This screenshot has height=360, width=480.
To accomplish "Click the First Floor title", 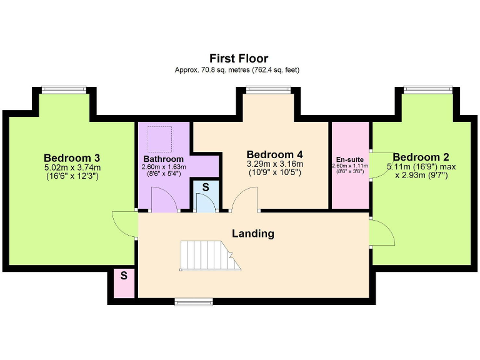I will click(x=239, y=59).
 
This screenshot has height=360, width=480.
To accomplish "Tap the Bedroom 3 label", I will click(x=72, y=157).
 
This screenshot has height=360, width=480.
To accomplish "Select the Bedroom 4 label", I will click(x=275, y=154).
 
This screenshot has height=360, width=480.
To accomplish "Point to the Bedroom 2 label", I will click(x=421, y=157).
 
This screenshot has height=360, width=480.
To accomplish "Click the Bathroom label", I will click(x=163, y=159).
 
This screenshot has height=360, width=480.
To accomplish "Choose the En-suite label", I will click(x=350, y=159).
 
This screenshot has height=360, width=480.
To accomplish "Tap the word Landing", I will click(x=253, y=234).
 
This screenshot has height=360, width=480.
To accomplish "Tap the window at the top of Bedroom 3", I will click(x=64, y=90).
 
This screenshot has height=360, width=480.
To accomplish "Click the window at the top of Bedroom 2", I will click(x=428, y=90).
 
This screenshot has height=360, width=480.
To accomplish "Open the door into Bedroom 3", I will click(x=124, y=224).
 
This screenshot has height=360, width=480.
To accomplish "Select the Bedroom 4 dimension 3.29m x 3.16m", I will click(x=275, y=164).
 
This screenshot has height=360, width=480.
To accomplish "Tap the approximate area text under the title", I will click(x=237, y=70).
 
